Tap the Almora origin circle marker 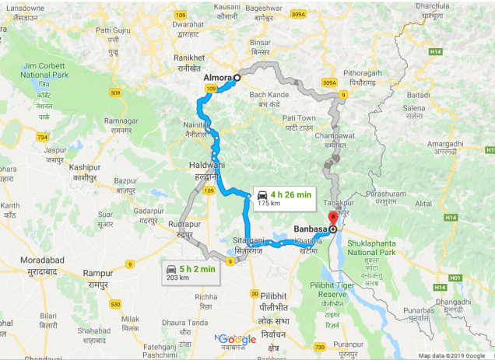pyautogui.click(x=237, y=78)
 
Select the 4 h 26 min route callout pyautogui.click(x=282, y=197)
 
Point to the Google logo pyautogui.click(x=237, y=339)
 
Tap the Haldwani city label pyautogui.click(x=207, y=165)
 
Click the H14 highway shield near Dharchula pyautogui.click(x=438, y=51)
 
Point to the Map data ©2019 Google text pyautogui.click(x=451, y=355)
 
